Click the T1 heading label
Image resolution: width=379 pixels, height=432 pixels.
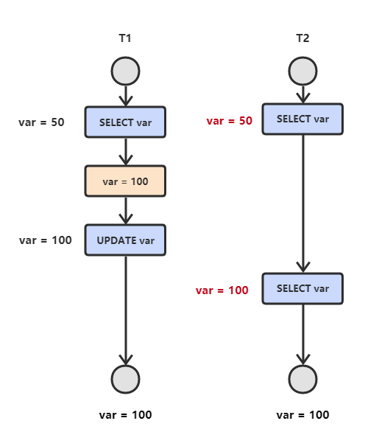(x=125, y=38)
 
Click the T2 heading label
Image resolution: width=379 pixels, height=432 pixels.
(x=302, y=38)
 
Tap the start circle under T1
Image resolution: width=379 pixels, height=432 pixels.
(x=125, y=72)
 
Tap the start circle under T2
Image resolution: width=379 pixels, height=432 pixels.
(x=302, y=72)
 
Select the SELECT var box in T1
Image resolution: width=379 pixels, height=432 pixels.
(x=125, y=122)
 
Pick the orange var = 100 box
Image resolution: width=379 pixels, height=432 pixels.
(x=125, y=181)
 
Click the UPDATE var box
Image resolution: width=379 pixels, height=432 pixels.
(x=125, y=240)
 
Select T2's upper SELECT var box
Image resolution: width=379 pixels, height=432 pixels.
(x=302, y=119)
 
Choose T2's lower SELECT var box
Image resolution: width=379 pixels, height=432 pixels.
(x=302, y=289)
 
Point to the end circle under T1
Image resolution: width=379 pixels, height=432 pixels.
(x=125, y=379)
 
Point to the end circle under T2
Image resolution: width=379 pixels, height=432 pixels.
(x=302, y=379)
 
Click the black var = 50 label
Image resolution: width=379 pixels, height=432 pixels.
(x=41, y=122)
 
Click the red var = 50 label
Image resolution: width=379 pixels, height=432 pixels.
(x=230, y=121)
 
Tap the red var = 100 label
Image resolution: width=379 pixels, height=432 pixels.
(x=222, y=290)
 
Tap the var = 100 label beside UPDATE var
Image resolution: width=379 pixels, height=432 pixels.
(x=46, y=240)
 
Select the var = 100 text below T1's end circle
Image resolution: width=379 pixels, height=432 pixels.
(x=125, y=415)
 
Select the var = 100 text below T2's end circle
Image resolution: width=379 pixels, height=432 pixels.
(x=302, y=415)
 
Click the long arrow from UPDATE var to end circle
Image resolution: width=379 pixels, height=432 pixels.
(x=125, y=310)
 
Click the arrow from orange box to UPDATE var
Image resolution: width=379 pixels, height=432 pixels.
(x=125, y=210)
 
